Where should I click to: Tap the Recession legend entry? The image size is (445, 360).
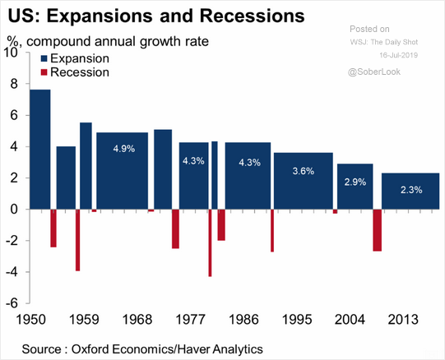(x=73, y=72)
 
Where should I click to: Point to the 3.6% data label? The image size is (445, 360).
(x=303, y=171)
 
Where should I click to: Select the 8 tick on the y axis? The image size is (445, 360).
(x=12, y=84)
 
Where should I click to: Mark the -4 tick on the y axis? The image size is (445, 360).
(x=11, y=272)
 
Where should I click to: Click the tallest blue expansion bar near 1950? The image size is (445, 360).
(x=39, y=149)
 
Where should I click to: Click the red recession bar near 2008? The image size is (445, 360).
(x=377, y=230)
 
